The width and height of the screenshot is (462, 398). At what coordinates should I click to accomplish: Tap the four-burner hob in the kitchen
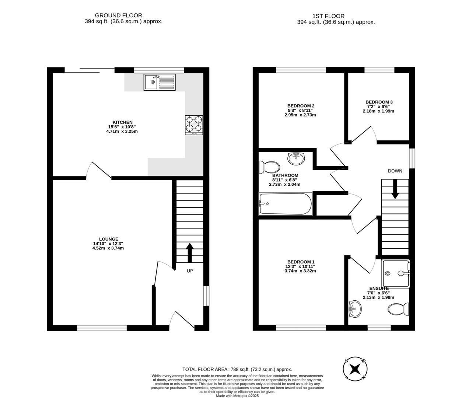point(194,125)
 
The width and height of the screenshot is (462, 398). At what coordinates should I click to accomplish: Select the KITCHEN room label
point(122,122)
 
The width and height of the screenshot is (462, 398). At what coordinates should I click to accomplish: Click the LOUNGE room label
point(108,239)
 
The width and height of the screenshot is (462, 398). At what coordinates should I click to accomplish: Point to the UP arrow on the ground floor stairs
point(190,252)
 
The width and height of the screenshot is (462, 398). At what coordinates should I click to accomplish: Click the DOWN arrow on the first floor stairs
point(395,189)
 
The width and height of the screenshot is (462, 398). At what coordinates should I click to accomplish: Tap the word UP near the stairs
point(190,271)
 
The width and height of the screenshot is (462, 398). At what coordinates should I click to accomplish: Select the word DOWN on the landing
point(395,171)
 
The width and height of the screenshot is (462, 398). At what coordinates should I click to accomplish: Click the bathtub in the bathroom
point(285,203)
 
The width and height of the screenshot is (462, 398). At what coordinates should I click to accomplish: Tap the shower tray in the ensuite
point(396,273)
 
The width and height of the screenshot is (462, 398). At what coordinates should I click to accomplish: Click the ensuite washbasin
point(355,308)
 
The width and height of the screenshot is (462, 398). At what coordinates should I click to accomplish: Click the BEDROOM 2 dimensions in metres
point(300,115)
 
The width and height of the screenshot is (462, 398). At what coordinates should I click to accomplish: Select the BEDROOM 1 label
point(301,262)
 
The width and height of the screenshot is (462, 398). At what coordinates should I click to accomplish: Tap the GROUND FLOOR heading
point(118,15)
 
